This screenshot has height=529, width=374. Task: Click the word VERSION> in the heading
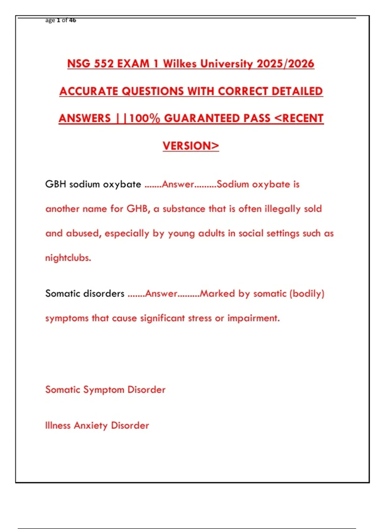191,146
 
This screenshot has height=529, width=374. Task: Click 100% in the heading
145,118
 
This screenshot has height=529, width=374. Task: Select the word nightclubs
68,258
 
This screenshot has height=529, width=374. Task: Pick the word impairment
253,318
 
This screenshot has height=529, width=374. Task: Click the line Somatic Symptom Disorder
105,390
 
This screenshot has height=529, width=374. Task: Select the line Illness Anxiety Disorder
97,425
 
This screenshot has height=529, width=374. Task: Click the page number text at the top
61,21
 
